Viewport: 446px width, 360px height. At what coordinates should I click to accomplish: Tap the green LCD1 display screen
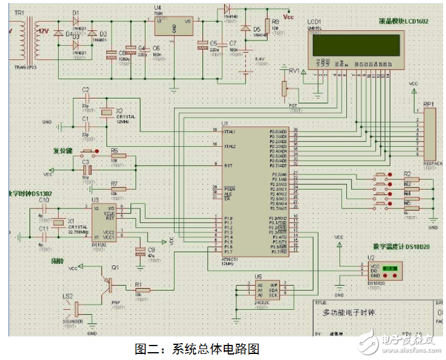(355, 44)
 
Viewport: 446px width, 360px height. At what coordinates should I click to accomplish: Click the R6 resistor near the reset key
(115, 156)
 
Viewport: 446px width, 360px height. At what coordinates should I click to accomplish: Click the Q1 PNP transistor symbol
(109, 281)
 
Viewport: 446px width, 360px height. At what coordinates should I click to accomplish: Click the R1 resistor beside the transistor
(140, 289)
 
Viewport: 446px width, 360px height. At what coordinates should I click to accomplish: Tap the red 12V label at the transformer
(44, 30)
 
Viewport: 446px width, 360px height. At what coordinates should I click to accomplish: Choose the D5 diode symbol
(246, 28)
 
